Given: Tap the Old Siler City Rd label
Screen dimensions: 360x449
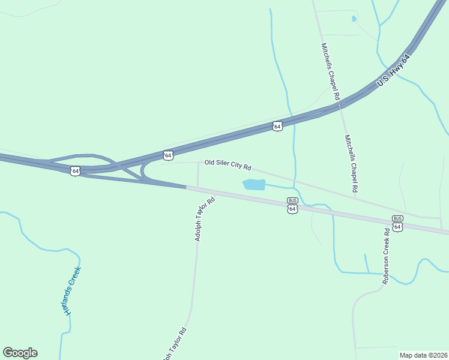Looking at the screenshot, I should [x=228, y=163].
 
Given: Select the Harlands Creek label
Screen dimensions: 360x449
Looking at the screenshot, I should [x=73, y=290].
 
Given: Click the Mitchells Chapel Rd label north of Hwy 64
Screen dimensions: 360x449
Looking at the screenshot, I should [x=331, y=71].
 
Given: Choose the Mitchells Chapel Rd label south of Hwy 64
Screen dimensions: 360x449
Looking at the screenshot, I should [x=351, y=163].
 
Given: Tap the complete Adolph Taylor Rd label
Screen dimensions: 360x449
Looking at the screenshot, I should [x=204, y=220].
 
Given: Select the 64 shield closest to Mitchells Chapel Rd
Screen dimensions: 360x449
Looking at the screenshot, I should [x=277, y=127].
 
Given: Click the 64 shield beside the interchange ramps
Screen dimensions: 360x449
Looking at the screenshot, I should [x=75, y=171].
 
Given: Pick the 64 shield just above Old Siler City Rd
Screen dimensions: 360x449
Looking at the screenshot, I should [x=168, y=155].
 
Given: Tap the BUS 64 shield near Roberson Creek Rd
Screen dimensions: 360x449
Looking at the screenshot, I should [x=397, y=224].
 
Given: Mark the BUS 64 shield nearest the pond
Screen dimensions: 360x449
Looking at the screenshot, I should [x=292, y=206].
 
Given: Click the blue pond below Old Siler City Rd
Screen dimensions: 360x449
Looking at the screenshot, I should [x=253, y=184].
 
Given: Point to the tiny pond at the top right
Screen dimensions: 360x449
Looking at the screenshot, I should [x=354, y=19].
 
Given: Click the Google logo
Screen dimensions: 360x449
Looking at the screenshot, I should [x=20, y=353].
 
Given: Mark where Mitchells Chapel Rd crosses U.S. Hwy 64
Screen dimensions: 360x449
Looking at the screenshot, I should [x=339, y=106].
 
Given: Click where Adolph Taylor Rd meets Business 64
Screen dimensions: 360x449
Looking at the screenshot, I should [x=198, y=188].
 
